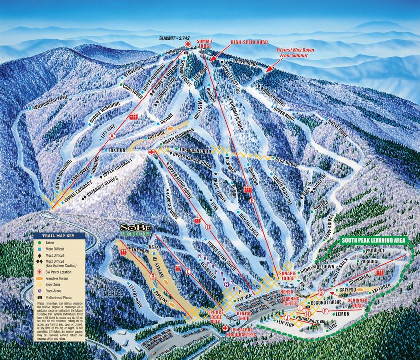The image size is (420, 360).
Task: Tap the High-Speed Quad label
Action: [x=250, y=42]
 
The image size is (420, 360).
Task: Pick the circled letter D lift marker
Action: [x=208, y=226]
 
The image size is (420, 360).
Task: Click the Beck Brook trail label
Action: [x=286, y=162]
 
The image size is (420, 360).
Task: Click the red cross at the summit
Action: [x=188, y=44]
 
